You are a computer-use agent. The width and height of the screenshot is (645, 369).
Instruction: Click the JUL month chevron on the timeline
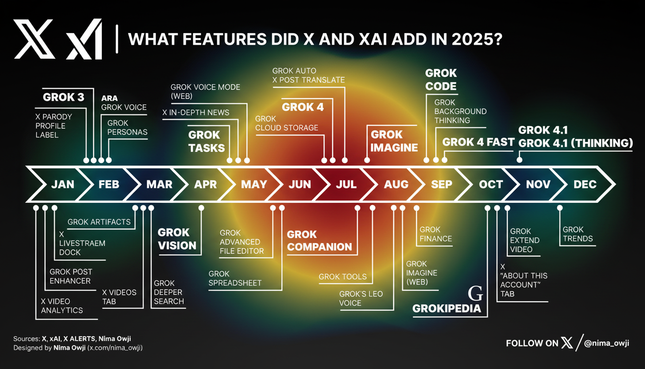346,184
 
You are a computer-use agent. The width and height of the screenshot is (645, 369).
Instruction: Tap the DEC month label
585,184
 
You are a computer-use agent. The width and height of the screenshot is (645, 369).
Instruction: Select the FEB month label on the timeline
109,184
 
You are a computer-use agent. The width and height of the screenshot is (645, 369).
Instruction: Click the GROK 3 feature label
63,97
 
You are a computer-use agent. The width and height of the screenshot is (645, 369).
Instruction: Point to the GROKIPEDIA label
447,309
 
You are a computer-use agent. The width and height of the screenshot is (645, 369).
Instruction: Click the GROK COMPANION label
319,241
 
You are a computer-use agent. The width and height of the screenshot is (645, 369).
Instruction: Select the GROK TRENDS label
578,234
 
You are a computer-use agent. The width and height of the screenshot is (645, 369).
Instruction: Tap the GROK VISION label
177,239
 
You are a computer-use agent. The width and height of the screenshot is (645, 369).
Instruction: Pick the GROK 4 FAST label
478,142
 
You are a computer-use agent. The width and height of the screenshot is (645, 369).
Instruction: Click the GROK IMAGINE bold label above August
394,141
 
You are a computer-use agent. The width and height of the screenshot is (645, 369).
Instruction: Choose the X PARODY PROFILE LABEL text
54,126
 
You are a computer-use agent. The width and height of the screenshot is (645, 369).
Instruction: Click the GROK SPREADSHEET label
235,279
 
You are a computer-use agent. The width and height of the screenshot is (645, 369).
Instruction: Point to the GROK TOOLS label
343,277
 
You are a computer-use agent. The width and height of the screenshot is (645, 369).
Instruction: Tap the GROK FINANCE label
436,234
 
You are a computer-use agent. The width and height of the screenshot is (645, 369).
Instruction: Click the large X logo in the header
34,39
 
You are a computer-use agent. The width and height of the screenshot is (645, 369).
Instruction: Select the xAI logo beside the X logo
84,39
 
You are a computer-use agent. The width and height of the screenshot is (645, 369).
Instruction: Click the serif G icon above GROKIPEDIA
475,294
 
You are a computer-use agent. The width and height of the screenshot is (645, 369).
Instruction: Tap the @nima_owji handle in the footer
607,343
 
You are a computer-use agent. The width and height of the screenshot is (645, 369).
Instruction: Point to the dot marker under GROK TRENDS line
560,208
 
